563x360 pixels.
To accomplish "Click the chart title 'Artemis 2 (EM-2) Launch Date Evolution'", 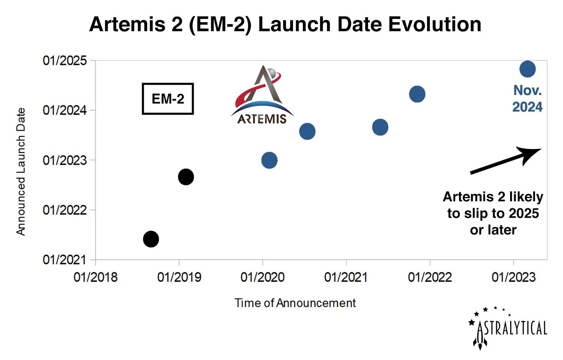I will [x=285, y=25].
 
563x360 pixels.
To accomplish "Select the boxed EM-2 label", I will [x=168, y=99].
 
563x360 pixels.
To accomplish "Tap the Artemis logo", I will [x=262, y=96].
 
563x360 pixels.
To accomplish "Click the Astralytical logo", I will [x=509, y=328].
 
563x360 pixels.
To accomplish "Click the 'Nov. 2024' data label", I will [x=527, y=98].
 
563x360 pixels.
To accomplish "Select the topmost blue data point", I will [x=527, y=69].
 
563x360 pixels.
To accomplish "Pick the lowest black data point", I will [x=151, y=239].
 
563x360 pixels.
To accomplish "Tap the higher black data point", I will [x=186, y=177].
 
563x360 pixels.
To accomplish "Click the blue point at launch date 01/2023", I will [x=269, y=160].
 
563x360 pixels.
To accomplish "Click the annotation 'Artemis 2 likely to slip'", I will [x=493, y=213].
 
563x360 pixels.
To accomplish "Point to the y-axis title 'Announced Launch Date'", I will [x=21, y=172].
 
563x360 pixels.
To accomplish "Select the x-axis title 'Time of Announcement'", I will [x=295, y=303].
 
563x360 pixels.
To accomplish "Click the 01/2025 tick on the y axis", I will [x=65, y=60].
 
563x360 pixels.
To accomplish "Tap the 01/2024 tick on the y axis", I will [x=65, y=110].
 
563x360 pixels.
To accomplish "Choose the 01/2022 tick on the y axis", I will [x=65, y=210].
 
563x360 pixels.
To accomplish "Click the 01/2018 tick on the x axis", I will [x=95, y=277].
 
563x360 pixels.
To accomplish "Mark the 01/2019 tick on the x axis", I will [x=179, y=277].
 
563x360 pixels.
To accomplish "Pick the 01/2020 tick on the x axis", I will [x=262, y=277].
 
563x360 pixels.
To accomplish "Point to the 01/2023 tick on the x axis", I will [x=513, y=277].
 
